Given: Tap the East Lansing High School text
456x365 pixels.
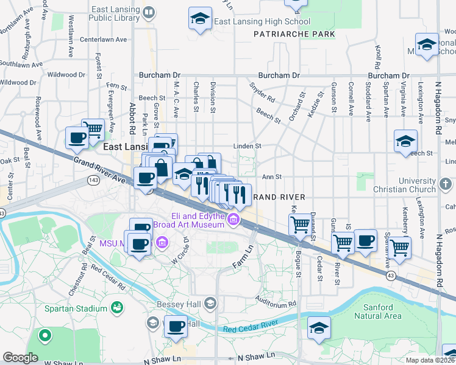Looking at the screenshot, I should coord(263,21).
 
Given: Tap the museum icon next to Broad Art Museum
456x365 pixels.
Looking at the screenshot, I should coord(232,219).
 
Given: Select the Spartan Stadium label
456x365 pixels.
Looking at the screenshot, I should coord(76,308).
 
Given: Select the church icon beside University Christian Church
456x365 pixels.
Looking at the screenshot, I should coord(446,182).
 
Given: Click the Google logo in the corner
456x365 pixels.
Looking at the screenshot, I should coord(20,358).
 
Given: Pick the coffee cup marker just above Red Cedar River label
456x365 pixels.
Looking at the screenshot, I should coord(176,325).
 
